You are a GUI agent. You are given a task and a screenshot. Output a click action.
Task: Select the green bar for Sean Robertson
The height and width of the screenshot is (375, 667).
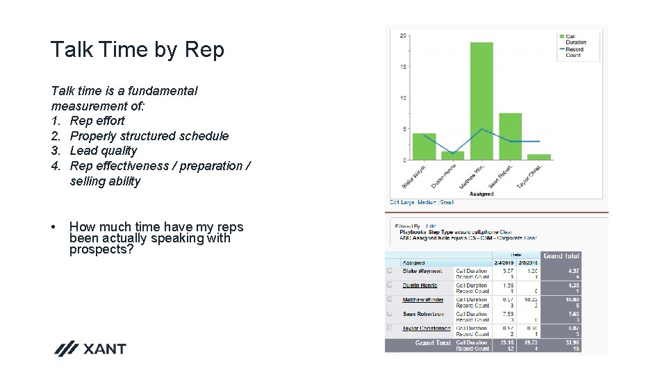[x=510, y=136]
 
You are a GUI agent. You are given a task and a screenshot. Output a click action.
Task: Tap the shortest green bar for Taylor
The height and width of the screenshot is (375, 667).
[x=538, y=157]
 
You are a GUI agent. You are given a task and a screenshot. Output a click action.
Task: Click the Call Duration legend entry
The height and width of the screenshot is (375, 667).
[x=575, y=39]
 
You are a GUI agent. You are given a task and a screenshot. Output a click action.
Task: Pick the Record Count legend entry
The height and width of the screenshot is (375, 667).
[x=575, y=52]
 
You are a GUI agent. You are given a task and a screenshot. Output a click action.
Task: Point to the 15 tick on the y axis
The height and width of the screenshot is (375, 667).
[x=404, y=67]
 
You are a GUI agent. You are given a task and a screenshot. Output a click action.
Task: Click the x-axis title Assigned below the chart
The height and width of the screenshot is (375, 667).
[x=481, y=194]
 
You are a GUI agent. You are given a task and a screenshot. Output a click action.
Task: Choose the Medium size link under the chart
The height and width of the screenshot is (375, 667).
[x=427, y=202]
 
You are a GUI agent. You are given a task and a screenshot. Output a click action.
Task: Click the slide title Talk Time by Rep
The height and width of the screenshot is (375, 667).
[x=138, y=50]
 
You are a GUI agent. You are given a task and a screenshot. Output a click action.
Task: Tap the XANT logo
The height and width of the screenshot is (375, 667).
[x=91, y=349]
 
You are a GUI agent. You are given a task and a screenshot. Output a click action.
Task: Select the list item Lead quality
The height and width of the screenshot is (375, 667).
[x=104, y=151]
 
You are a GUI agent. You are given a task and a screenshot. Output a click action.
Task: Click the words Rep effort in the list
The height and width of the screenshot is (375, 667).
[x=97, y=121]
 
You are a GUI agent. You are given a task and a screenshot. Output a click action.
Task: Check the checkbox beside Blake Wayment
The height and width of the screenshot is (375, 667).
[x=390, y=272]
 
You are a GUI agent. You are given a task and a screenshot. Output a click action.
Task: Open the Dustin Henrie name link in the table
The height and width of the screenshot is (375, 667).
[x=420, y=285]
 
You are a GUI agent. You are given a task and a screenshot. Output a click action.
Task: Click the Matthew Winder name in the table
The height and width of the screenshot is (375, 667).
[x=422, y=300]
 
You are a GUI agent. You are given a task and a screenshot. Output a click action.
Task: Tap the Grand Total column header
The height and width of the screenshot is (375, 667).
[x=561, y=256]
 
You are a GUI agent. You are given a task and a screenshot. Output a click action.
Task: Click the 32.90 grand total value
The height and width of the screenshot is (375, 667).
[x=573, y=342]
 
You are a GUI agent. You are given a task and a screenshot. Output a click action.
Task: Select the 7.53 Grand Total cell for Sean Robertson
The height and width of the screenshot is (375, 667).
[x=573, y=314]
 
